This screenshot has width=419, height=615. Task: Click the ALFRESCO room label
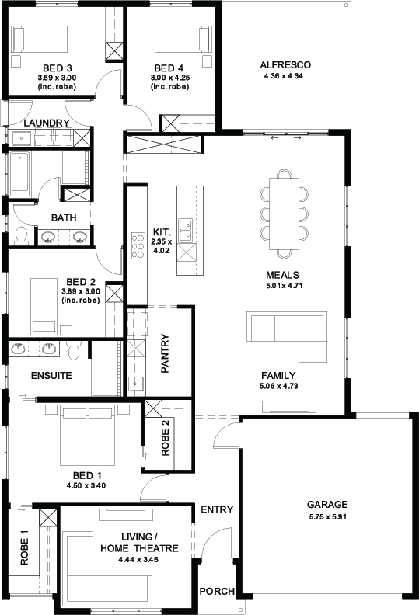[x=285, y=65]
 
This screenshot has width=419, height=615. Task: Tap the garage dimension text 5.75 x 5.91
[x=327, y=516]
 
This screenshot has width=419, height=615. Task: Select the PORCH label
[x=217, y=591]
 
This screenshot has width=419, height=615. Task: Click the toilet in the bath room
[x=20, y=235]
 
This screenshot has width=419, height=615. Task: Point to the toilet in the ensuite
[x=74, y=350]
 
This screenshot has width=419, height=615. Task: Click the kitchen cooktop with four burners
[x=138, y=246]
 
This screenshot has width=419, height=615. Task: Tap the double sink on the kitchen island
[x=185, y=230]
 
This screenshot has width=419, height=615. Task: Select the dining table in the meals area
[x=284, y=214]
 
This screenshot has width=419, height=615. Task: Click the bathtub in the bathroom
[x=19, y=174]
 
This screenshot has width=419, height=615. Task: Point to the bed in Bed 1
[x=87, y=435]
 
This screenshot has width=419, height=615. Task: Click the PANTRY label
[x=165, y=353]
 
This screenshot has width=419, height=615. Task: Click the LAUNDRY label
[x=47, y=123]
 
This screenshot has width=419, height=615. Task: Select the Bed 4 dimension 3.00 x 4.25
[x=170, y=78]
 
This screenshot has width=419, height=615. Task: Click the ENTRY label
[x=217, y=509]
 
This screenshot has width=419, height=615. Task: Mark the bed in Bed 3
[x=40, y=39]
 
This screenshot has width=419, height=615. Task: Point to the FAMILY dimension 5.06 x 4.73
[x=278, y=386]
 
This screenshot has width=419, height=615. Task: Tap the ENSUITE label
[x=51, y=376]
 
